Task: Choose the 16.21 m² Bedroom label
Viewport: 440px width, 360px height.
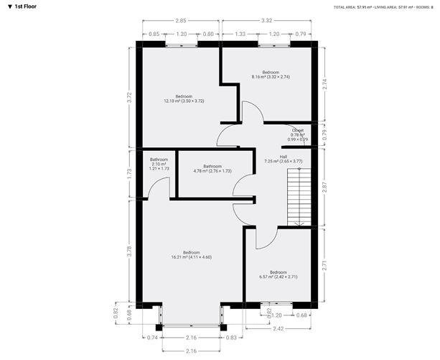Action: [191, 254]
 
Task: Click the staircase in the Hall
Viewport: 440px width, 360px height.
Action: [299, 198]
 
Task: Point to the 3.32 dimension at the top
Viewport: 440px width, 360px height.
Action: [266, 22]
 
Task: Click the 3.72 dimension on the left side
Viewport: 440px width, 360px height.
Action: [130, 98]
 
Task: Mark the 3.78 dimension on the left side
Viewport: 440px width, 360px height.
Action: [130, 251]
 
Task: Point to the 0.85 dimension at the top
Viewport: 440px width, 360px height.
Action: [154, 34]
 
